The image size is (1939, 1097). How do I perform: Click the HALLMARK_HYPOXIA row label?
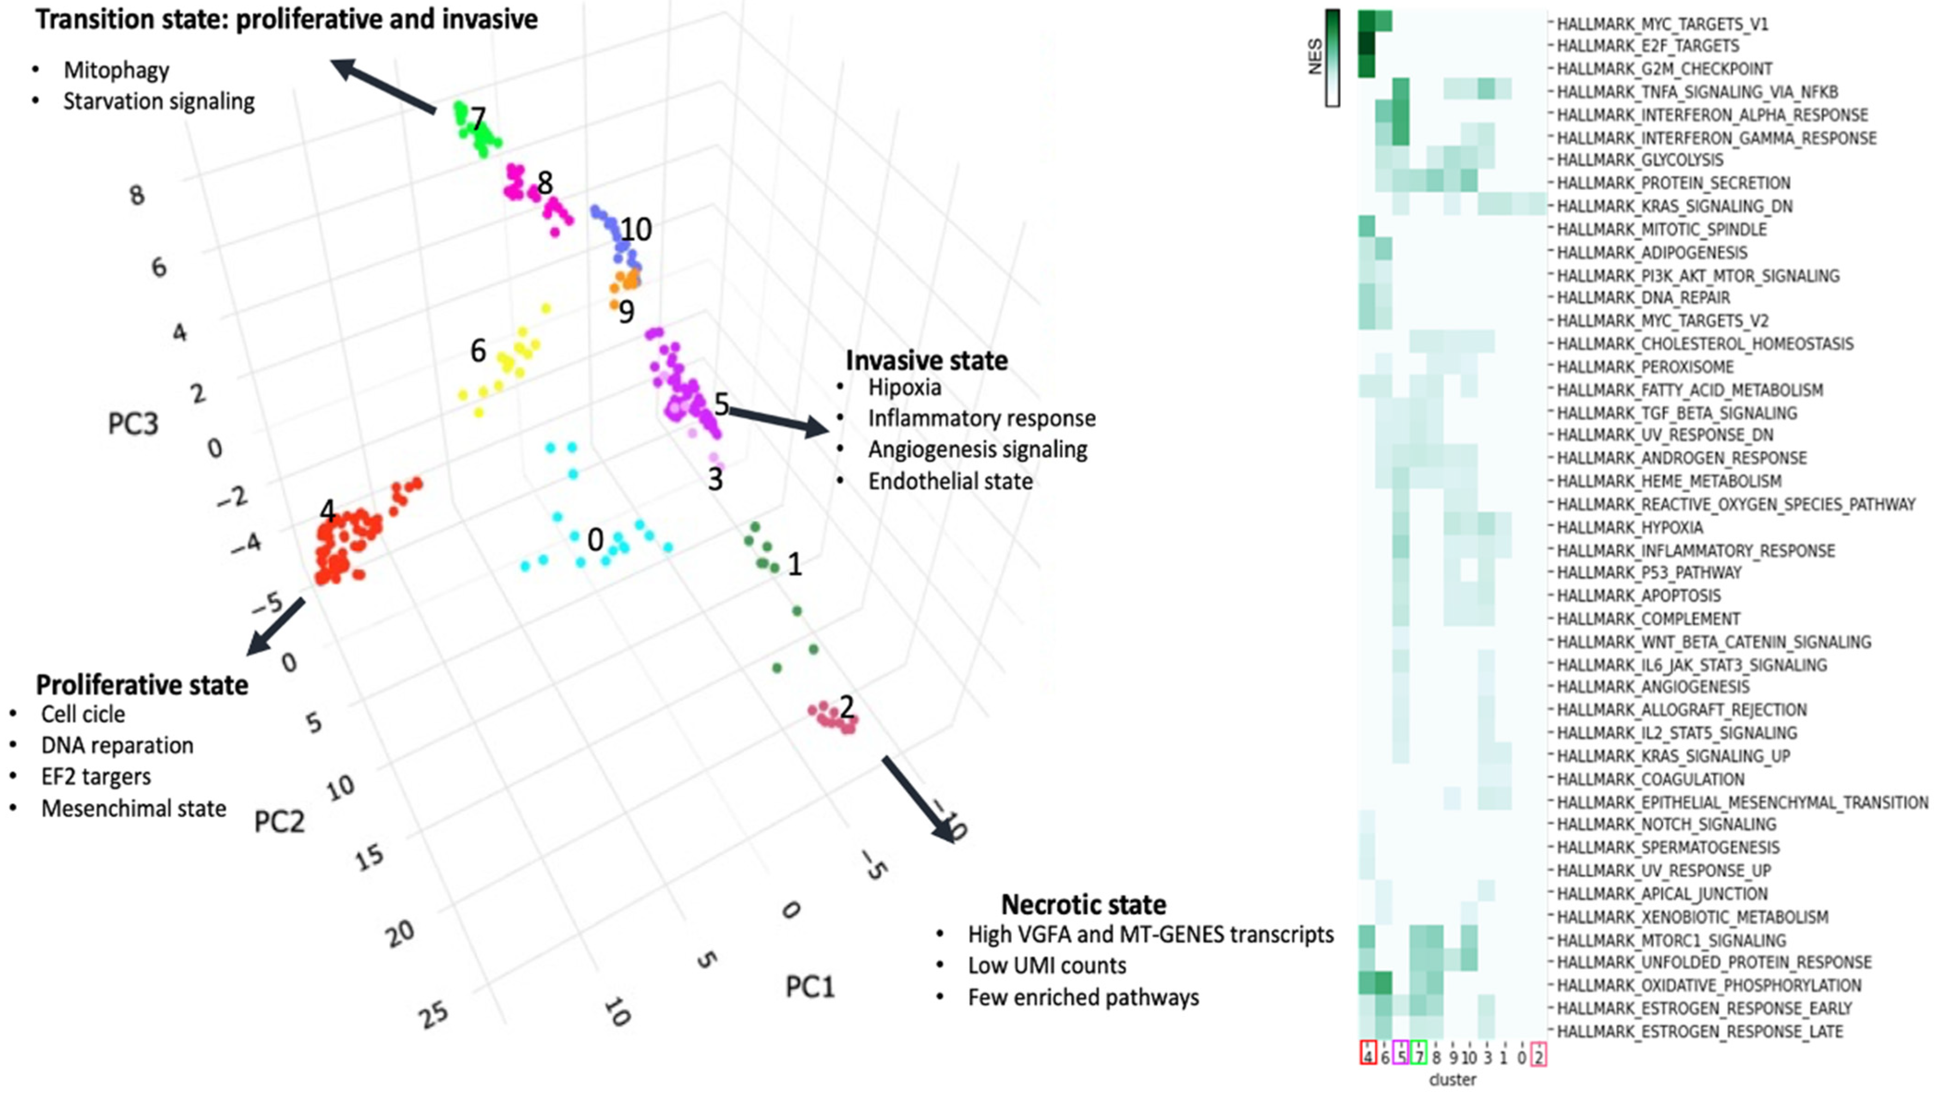tap(1629, 527)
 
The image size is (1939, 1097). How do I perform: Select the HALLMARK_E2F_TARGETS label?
tap(1648, 46)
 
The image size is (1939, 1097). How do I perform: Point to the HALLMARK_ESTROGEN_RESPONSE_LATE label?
tap(1699, 1031)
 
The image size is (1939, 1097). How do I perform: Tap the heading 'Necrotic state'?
tap(1083, 904)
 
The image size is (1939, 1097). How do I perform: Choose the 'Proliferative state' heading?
tap(142, 685)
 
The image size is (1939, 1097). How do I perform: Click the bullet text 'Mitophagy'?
tap(116, 70)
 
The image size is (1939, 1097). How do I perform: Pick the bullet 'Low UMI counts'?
tap(1047, 966)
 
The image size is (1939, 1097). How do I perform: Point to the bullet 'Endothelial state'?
tap(950, 482)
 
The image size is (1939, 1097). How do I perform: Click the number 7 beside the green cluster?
tap(478, 118)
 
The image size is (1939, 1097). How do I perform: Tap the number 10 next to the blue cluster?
tap(635, 229)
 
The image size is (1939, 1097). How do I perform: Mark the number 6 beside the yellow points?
tap(478, 350)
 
